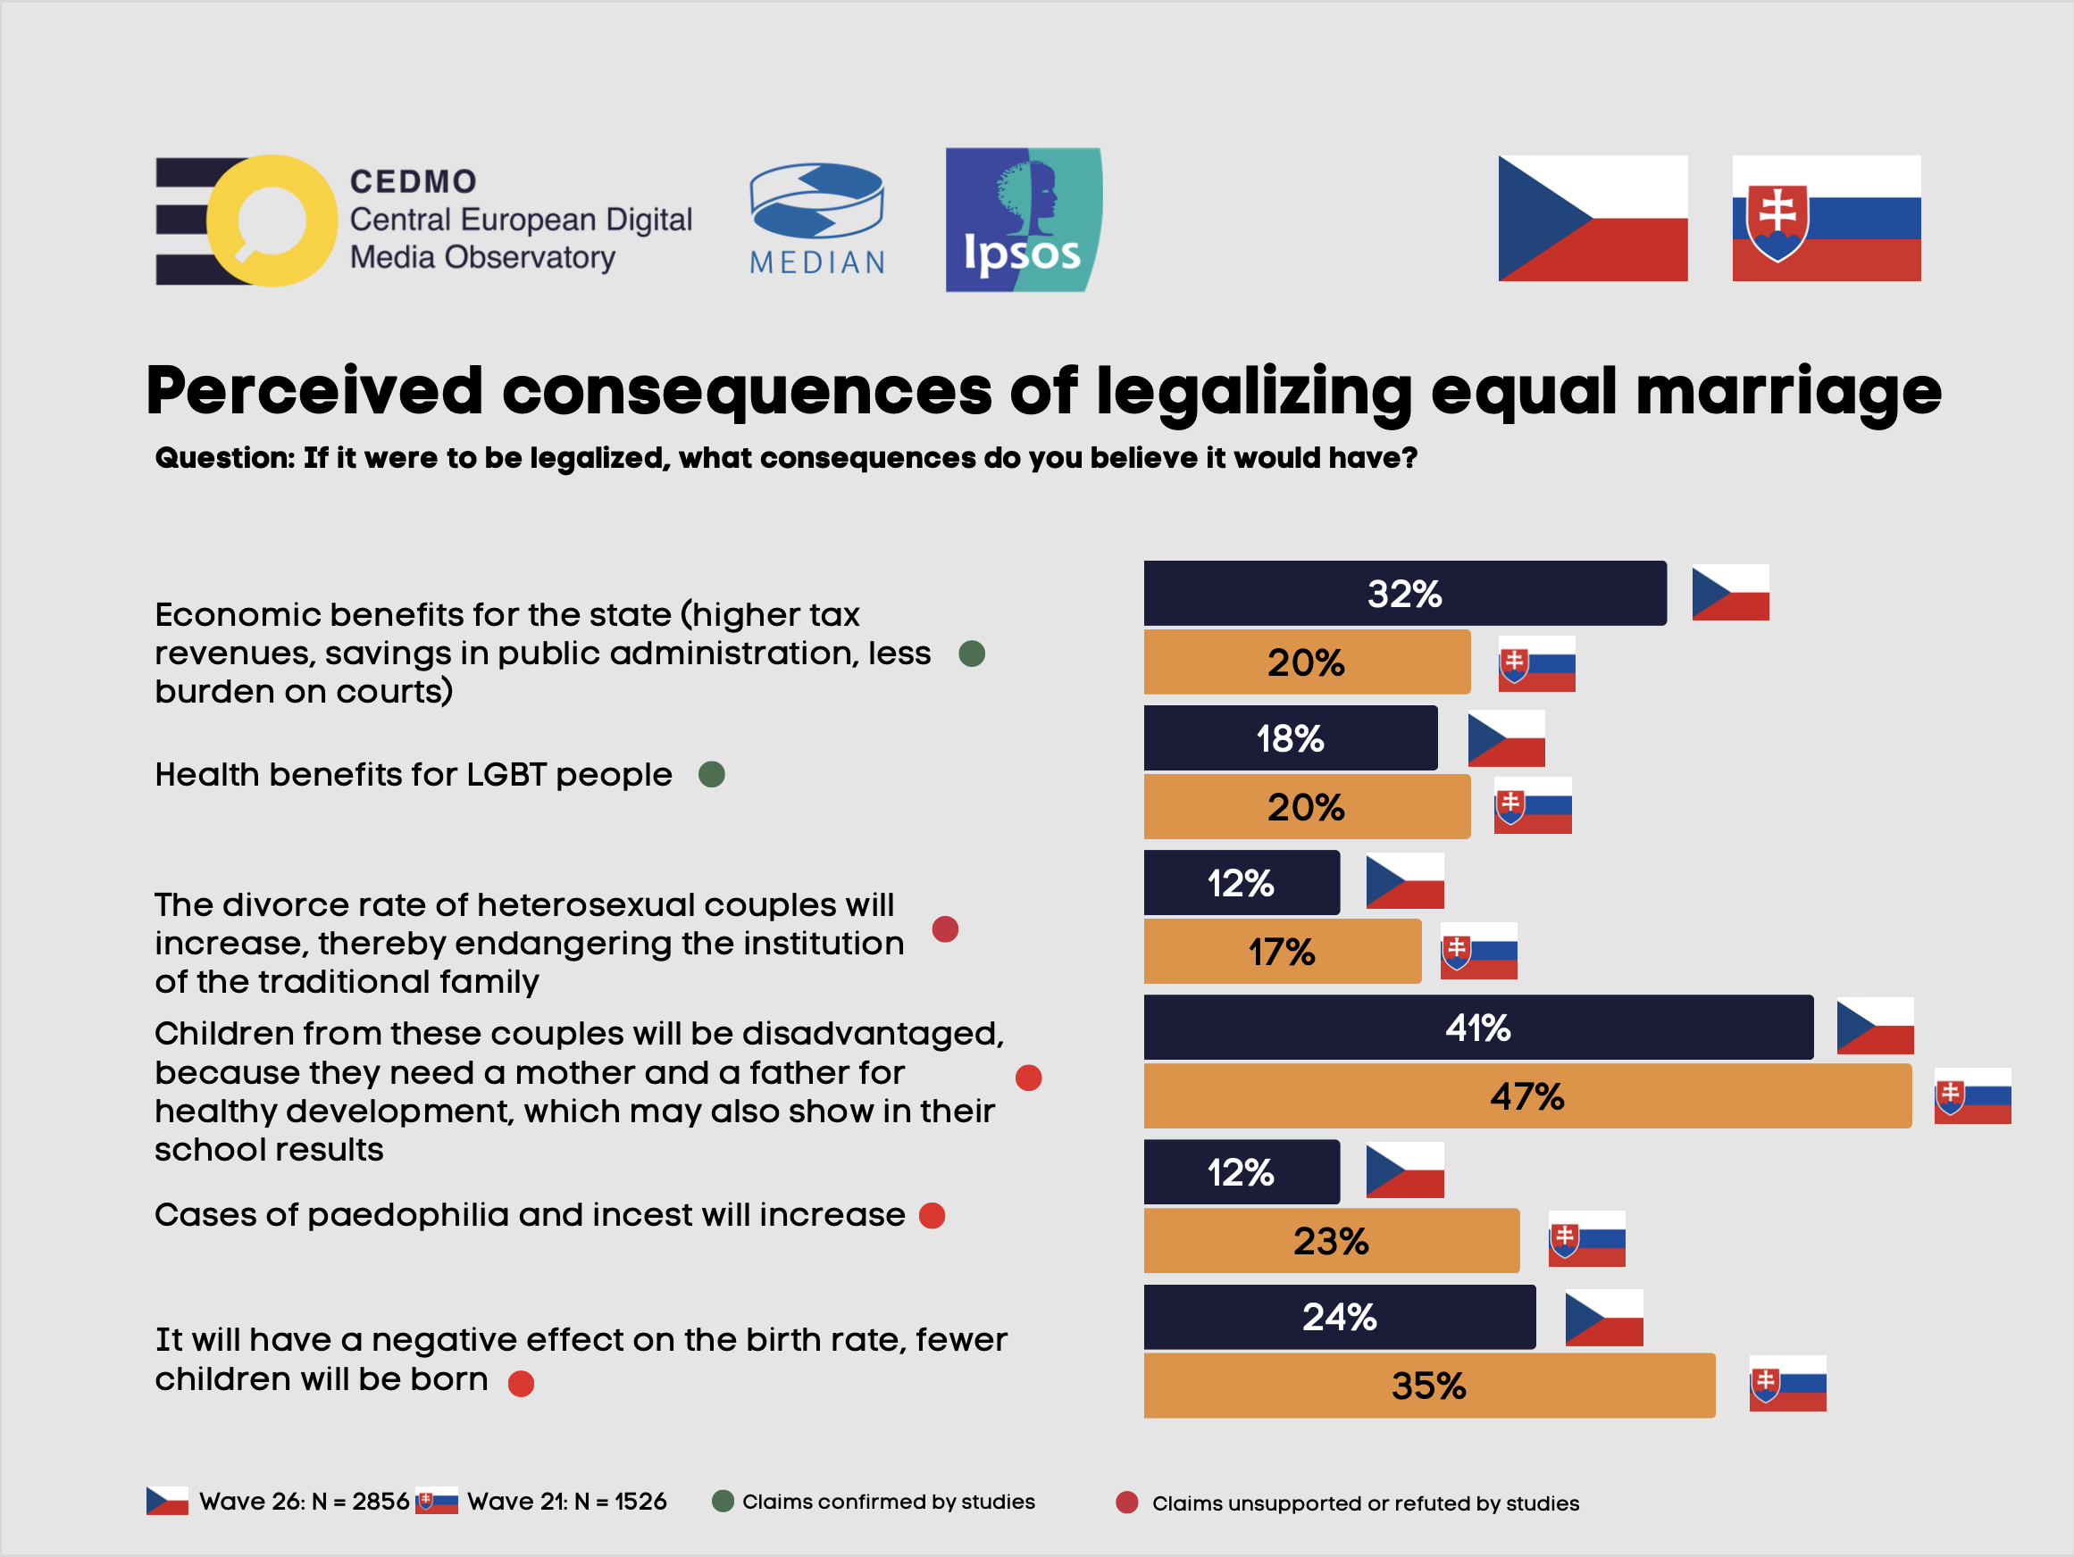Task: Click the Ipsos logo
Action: (x=1023, y=221)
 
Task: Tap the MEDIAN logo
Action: (x=816, y=220)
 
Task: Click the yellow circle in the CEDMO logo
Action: (x=272, y=221)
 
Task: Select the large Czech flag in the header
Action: (x=1592, y=219)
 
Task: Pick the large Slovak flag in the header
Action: (x=1826, y=219)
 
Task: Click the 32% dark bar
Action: (x=1403, y=594)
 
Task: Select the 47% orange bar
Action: (x=1526, y=1095)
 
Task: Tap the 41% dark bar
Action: (x=1477, y=1028)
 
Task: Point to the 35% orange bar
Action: (x=1428, y=1386)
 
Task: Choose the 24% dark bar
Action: (x=1339, y=1317)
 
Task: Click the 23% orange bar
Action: (x=1331, y=1241)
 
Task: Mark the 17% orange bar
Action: (x=1282, y=952)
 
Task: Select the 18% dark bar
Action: (x=1289, y=738)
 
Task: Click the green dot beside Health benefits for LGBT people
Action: (x=712, y=774)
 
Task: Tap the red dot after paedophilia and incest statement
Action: (x=932, y=1216)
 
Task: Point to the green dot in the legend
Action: (x=723, y=1502)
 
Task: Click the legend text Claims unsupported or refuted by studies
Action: (x=1365, y=1503)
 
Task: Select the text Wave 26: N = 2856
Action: (x=304, y=1502)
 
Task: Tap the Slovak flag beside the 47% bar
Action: (x=1972, y=1095)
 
